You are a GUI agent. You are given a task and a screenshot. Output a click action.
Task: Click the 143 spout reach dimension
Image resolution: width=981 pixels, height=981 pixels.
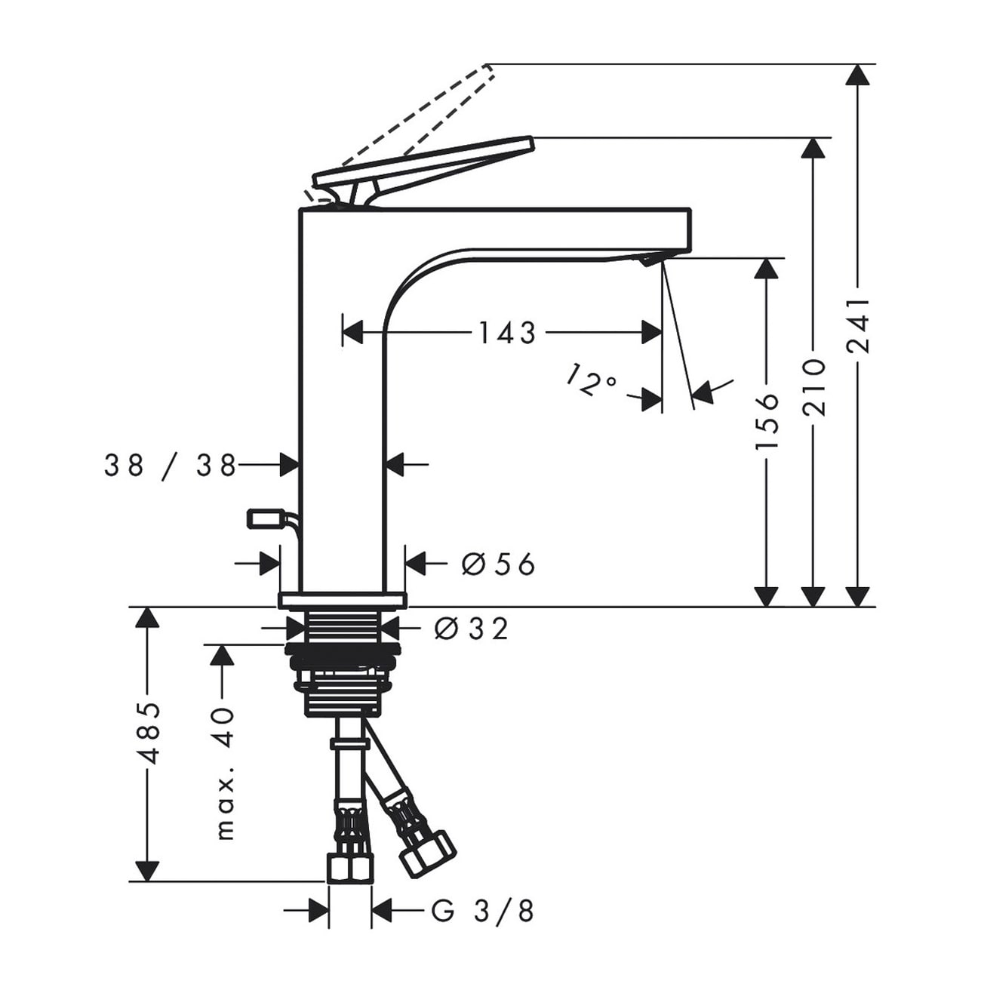click(x=507, y=334)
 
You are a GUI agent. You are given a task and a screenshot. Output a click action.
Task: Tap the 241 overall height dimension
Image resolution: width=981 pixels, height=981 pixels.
click(x=860, y=326)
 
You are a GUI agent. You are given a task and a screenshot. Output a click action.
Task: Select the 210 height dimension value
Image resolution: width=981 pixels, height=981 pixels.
click(x=813, y=387)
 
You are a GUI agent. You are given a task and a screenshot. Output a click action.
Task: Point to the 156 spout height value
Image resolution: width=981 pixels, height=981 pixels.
click(x=767, y=420)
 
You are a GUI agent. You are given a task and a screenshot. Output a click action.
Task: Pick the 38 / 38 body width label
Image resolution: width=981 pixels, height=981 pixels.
click(x=171, y=466)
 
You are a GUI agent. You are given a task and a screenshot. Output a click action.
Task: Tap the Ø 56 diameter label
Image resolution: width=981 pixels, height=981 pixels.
click(x=498, y=564)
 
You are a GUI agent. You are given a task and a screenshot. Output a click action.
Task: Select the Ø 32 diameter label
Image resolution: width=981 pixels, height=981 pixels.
click(x=472, y=629)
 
